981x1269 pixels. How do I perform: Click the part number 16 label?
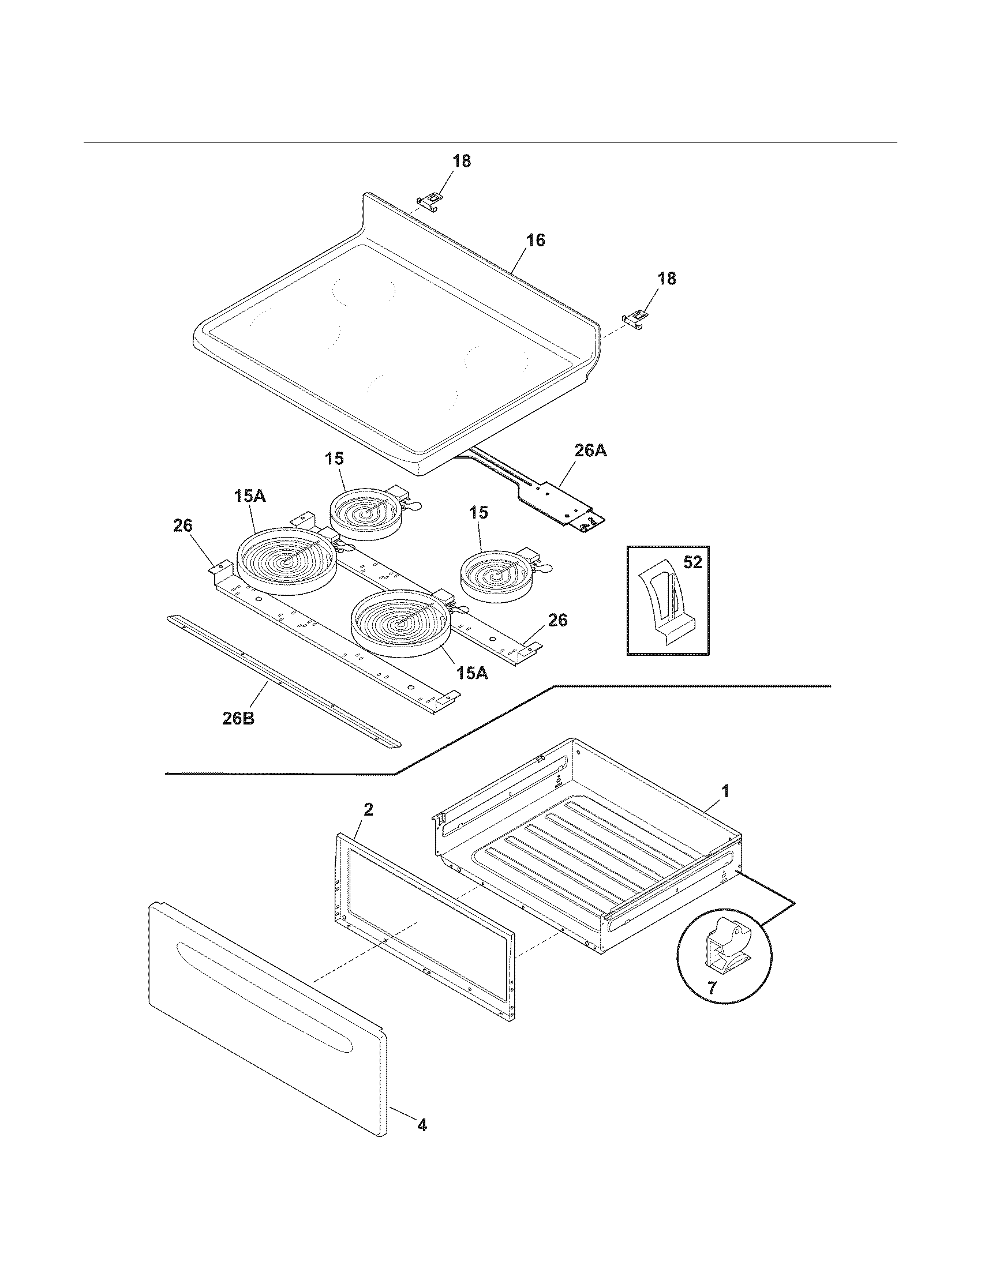point(536,241)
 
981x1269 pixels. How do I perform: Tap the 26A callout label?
point(591,450)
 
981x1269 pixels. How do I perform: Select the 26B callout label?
point(238,719)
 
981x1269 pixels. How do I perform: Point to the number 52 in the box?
point(692,562)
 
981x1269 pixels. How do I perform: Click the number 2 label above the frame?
point(368,810)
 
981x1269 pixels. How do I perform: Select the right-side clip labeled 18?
point(635,318)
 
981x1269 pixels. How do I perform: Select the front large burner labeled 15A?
point(400,623)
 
